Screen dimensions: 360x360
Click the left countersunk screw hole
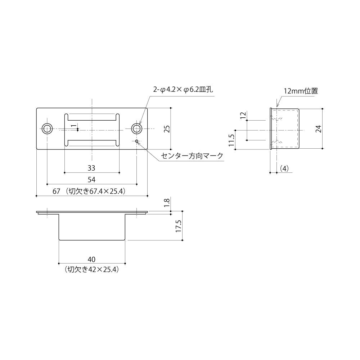coord(47,129)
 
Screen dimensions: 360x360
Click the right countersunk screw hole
coord(136,129)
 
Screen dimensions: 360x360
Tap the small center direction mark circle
coord(137,141)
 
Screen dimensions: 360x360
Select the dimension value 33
coord(91,168)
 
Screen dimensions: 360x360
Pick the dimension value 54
coord(91,179)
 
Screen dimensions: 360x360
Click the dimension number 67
coord(56,192)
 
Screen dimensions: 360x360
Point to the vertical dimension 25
coord(167,129)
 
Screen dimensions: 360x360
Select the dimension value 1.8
coord(167,203)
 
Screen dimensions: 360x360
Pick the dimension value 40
coord(91,259)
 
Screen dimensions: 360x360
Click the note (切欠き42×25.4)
coord(91,269)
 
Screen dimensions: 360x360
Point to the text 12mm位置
coord(301,91)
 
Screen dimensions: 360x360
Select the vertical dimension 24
coord(318,129)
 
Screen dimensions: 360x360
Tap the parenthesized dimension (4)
coord(284,168)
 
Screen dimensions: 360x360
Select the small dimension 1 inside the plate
coord(73,126)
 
